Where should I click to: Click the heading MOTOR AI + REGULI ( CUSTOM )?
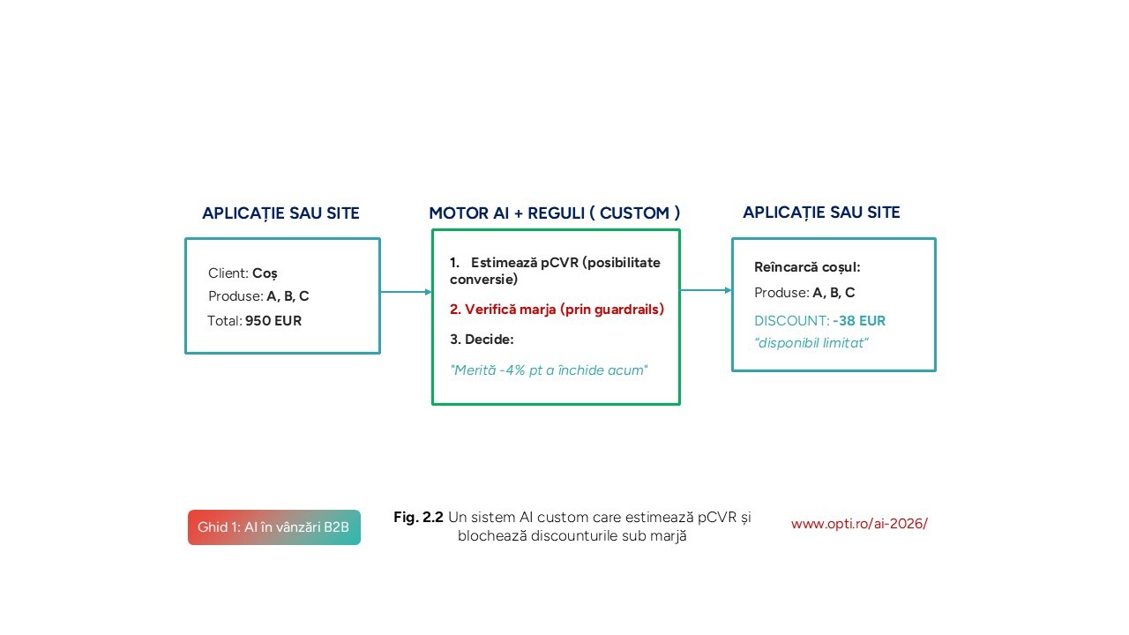(555, 213)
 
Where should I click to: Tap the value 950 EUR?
(273, 320)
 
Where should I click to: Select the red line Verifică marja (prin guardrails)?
(557, 309)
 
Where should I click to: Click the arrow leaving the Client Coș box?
(407, 292)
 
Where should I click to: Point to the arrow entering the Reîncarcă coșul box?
(707, 290)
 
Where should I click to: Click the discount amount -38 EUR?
(859, 320)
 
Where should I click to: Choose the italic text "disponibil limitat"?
(811, 343)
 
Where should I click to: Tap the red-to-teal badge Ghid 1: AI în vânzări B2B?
(274, 527)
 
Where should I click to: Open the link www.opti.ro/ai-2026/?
(859, 524)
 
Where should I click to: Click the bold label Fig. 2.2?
(418, 517)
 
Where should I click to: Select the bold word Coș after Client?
(265, 273)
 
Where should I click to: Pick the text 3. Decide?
(482, 340)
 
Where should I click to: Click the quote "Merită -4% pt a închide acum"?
(549, 370)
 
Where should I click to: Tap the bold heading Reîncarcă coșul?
(807, 267)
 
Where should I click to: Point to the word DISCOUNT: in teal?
(791, 320)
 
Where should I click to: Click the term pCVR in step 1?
(559, 263)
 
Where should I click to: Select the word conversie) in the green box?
(484, 280)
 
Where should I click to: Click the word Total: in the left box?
(225, 320)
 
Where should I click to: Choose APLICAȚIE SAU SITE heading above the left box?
(280, 213)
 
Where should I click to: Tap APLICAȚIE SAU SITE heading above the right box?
(821, 213)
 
